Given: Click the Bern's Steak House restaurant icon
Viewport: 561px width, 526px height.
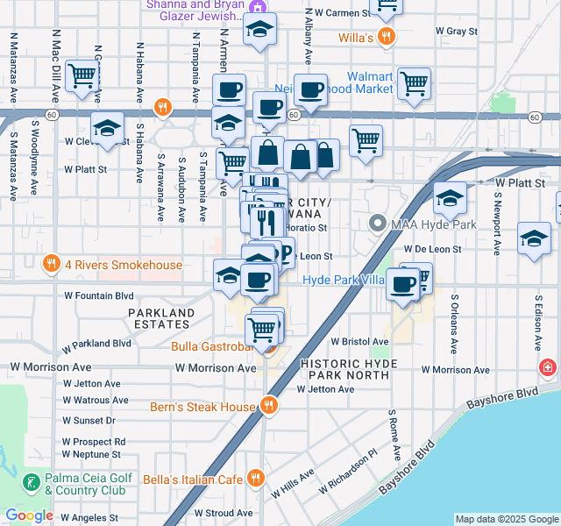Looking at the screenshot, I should [269, 406].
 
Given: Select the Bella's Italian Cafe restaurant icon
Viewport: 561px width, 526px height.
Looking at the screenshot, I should [255, 479].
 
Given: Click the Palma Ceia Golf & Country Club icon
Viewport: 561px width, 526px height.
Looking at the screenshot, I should [32, 483].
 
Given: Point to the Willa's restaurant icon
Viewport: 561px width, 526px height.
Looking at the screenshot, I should [386, 37].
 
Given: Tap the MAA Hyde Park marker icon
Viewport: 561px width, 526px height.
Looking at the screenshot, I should [379, 224].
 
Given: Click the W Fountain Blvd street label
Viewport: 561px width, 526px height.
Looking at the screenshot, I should [98, 296].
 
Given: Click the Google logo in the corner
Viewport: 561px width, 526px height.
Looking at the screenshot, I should [29, 515].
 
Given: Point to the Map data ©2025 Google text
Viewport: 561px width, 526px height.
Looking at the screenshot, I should [506, 519].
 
